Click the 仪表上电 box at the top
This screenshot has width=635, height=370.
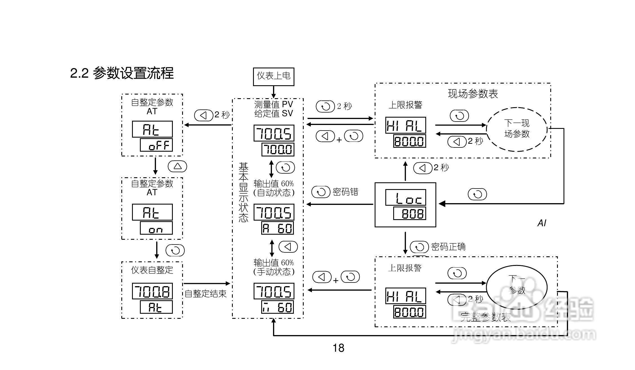click(273, 77)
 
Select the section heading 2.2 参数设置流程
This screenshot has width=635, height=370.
click(122, 73)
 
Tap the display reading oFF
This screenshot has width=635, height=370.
click(156, 145)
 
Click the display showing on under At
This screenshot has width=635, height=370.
click(156, 228)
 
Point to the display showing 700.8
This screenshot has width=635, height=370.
click(152, 291)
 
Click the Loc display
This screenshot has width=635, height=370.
click(405, 198)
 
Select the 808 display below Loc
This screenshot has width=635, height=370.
click(410, 214)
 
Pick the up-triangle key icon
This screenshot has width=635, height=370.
click(177, 166)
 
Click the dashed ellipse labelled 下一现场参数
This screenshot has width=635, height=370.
click(517, 129)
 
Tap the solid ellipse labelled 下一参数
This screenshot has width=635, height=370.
click(517, 287)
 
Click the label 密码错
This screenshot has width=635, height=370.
click(345, 192)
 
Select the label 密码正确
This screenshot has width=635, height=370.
click(448, 247)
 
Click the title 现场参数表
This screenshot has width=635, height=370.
click(473, 94)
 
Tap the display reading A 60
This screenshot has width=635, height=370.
click(278, 228)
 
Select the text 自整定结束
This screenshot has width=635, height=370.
click(205, 294)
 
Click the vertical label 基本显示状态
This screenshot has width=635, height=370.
click(243, 192)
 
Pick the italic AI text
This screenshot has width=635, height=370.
click(542, 223)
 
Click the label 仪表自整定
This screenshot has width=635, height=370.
click(152, 270)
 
